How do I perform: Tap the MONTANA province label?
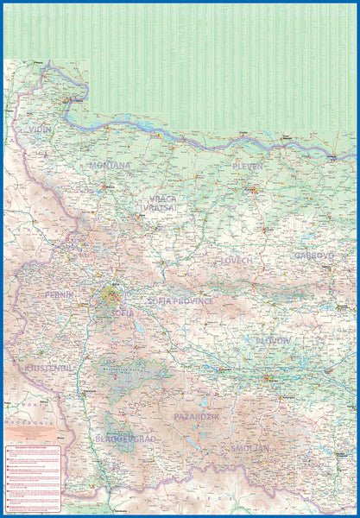click(110, 165)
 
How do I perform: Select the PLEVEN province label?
click(247, 166)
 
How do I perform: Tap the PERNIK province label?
click(58, 295)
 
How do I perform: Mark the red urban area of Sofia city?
click(111, 294)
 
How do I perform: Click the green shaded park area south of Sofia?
click(134, 371)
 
